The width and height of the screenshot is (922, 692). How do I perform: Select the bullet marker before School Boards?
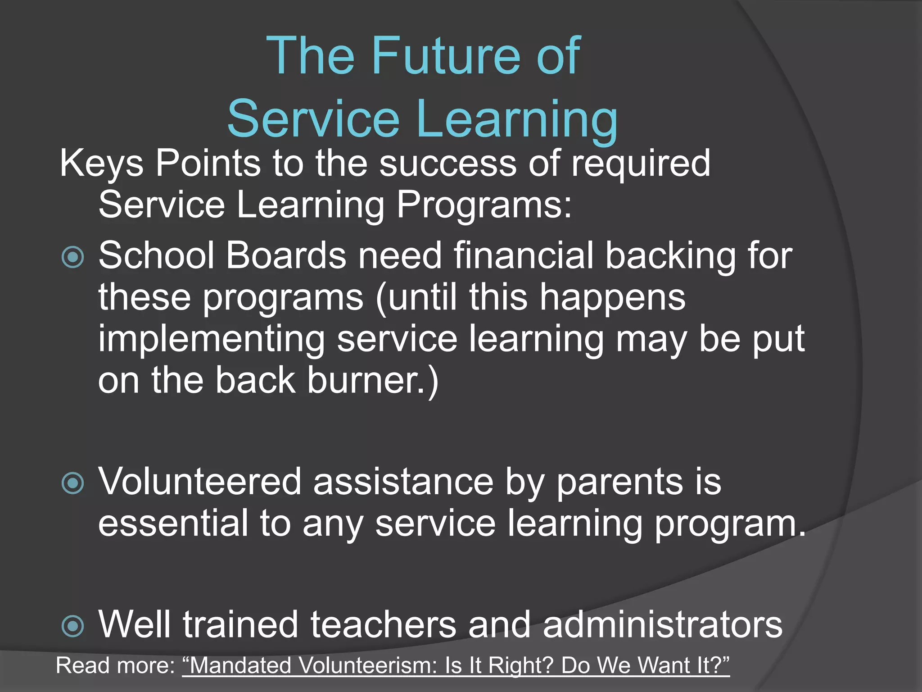(72, 257)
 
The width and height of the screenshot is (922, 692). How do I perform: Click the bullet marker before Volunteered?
(72, 483)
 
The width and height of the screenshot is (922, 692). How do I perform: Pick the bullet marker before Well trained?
(72, 626)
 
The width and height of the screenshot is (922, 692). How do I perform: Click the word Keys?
(102, 163)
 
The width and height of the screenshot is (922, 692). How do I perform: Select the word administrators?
(663, 625)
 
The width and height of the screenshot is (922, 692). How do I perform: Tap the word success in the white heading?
(447, 163)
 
